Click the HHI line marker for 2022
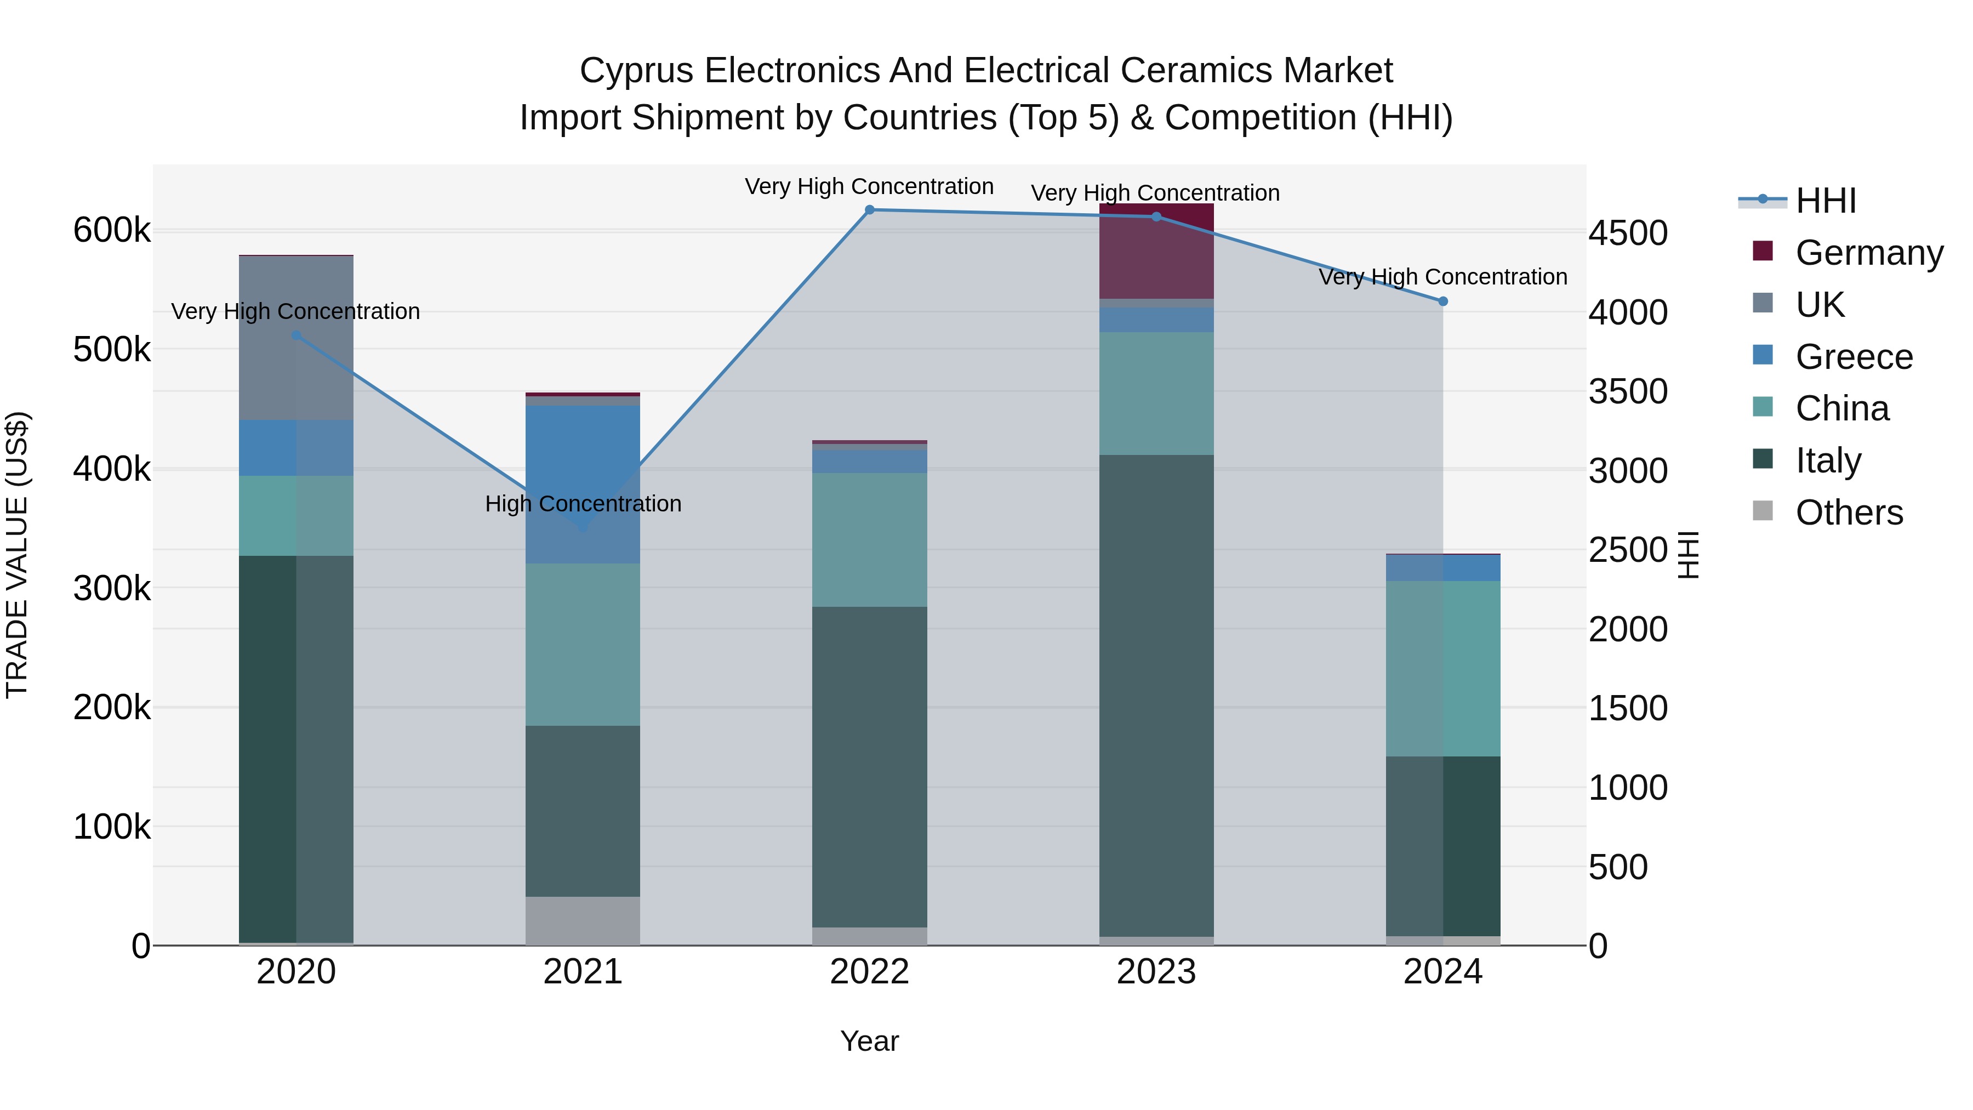[x=869, y=210]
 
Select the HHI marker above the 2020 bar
[x=296, y=335]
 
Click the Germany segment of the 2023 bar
[x=1156, y=251]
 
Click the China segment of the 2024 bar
[x=1443, y=669]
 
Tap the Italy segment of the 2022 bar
[x=869, y=767]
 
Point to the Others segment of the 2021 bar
[x=583, y=921]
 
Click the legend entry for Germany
[x=1869, y=253]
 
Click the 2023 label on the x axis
[x=1156, y=972]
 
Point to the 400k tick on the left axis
[x=112, y=469]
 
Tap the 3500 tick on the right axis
[x=1628, y=391]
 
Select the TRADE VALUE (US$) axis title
[x=17, y=555]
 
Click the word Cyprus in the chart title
[x=637, y=71]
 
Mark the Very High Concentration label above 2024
[x=1443, y=277]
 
